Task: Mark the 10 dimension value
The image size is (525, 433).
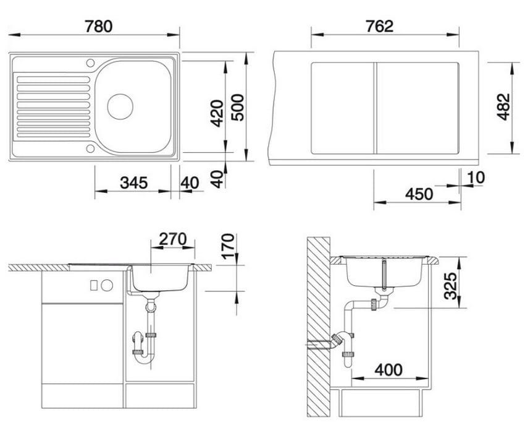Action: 476,178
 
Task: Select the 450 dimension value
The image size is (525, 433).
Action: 419,194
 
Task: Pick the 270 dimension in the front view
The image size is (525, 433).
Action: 173,239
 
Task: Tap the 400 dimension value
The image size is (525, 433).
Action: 388,370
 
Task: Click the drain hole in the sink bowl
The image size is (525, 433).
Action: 120,106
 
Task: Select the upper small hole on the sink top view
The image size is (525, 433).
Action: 91,63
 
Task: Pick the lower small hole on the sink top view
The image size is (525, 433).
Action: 91,148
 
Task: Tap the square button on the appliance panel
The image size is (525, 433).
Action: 94,285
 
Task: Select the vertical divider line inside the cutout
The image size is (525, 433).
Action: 374,108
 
